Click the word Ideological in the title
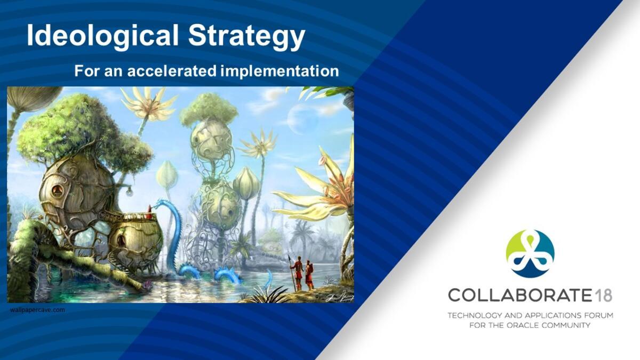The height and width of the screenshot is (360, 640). [103, 35]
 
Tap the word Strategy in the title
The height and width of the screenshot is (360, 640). [246, 37]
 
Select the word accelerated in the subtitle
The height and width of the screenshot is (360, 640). [172, 71]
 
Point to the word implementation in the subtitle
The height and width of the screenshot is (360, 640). [279, 71]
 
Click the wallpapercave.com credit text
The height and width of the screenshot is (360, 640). [37, 310]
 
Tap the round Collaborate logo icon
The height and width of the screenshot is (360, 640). [530, 254]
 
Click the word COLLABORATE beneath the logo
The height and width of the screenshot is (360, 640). [519, 295]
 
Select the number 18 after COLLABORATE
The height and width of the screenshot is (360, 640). [603, 295]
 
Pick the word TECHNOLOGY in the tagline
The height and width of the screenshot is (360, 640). [475, 316]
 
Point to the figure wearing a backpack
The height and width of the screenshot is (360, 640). [309, 275]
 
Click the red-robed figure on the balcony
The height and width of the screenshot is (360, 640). [149, 212]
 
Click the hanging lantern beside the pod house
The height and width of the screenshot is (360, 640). [130, 191]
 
